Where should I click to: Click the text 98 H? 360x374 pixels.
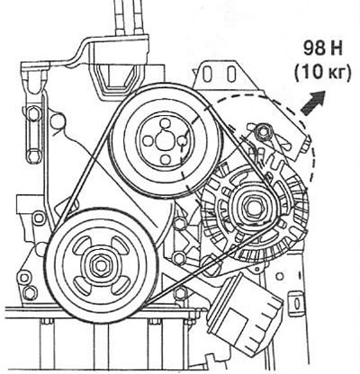322,49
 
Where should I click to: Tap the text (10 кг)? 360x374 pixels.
322,73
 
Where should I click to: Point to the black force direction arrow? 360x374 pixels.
313,103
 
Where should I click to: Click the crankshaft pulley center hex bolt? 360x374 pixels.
100,264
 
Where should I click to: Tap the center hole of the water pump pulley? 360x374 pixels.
165,140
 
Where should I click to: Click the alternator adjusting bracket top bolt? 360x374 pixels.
263,132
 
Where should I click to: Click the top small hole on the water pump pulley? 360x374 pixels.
165,123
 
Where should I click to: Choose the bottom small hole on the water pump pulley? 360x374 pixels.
165,159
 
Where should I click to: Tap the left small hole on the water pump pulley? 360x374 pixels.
147,141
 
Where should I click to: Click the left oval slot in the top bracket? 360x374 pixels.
206,74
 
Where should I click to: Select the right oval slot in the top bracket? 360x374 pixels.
230,74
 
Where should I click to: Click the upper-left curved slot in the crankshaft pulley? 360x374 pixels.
82,245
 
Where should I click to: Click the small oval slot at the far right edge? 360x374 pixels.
296,303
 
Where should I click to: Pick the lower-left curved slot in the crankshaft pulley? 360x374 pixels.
81,285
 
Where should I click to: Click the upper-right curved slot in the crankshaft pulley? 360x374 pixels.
121,245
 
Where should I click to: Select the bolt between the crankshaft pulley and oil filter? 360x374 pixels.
181,293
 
